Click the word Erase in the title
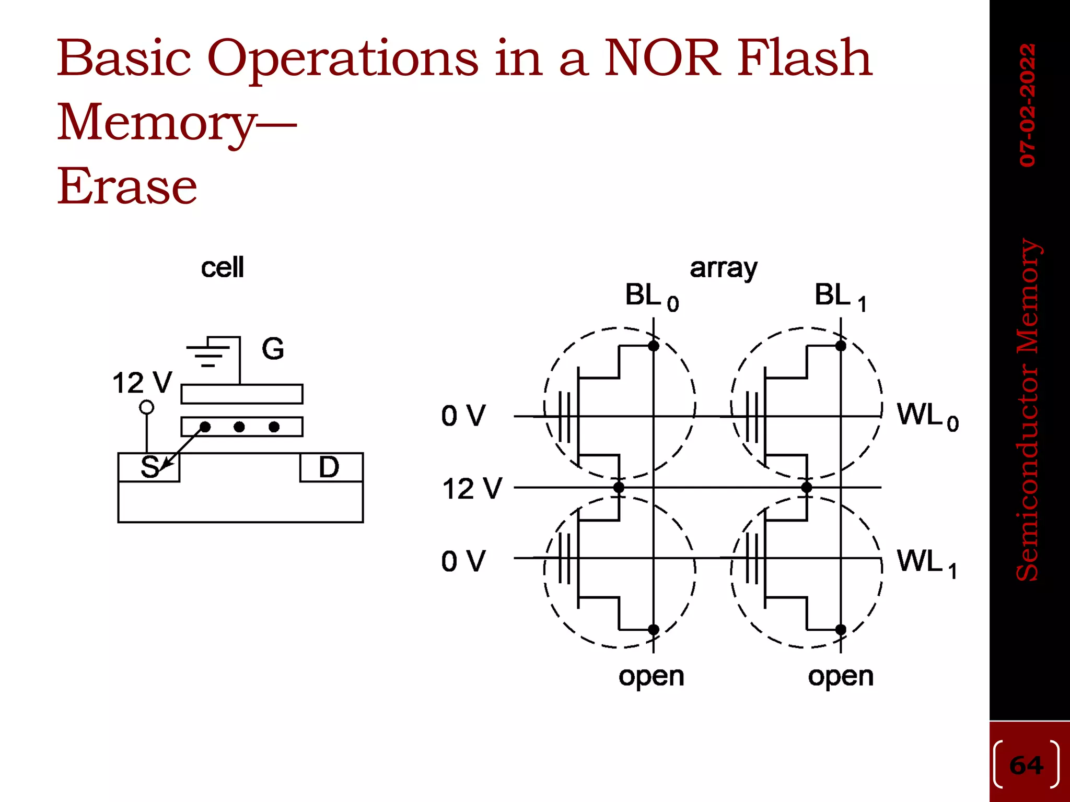click(x=127, y=186)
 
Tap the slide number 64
click(x=1026, y=765)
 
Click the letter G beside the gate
click(x=273, y=349)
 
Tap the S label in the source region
click(x=150, y=467)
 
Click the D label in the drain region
click(x=329, y=467)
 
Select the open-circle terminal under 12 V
click(x=147, y=407)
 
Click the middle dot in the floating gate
click(x=239, y=427)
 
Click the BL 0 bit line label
click(x=651, y=297)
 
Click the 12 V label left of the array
click(x=472, y=489)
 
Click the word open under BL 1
click(x=840, y=677)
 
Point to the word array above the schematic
click(x=723, y=268)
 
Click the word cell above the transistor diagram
click(x=222, y=267)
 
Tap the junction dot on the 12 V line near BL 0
click(x=619, y=488)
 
